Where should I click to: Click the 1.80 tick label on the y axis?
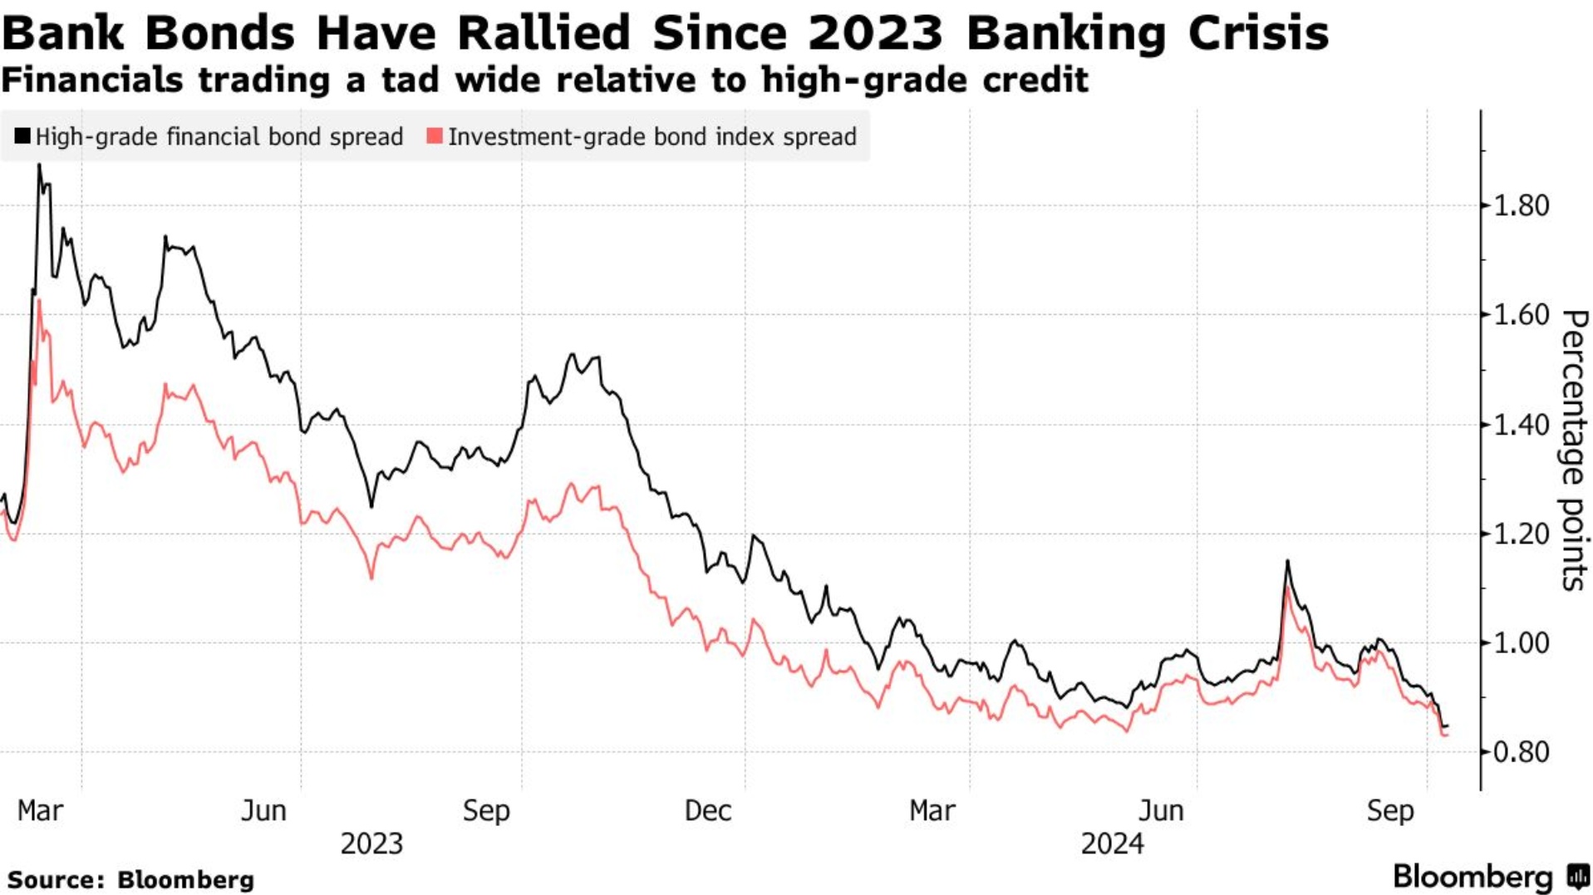pos(1521,205)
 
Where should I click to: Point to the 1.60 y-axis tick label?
pos(1521,315)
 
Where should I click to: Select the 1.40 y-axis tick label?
pos(1521,425)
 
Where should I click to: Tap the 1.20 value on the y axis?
pos(1521,534)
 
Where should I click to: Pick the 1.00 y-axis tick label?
pos(1521,643)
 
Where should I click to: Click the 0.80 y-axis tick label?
pos(1521,752)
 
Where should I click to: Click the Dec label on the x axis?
pos(707,810)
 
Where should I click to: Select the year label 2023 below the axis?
pos(371,843)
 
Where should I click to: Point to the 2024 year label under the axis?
pos(1112,843)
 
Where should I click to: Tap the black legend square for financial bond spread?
pos(22,136)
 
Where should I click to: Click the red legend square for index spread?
pos(435,136)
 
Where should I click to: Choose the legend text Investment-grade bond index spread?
pos(652,137)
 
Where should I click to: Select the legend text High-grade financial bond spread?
pos(219,137)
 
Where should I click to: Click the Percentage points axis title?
pos(1574,450)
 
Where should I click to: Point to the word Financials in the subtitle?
pos(92,81)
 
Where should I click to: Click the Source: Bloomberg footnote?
pos(130,879)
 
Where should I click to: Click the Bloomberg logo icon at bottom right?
pos(1577,877)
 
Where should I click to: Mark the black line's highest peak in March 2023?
pos(39,165)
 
